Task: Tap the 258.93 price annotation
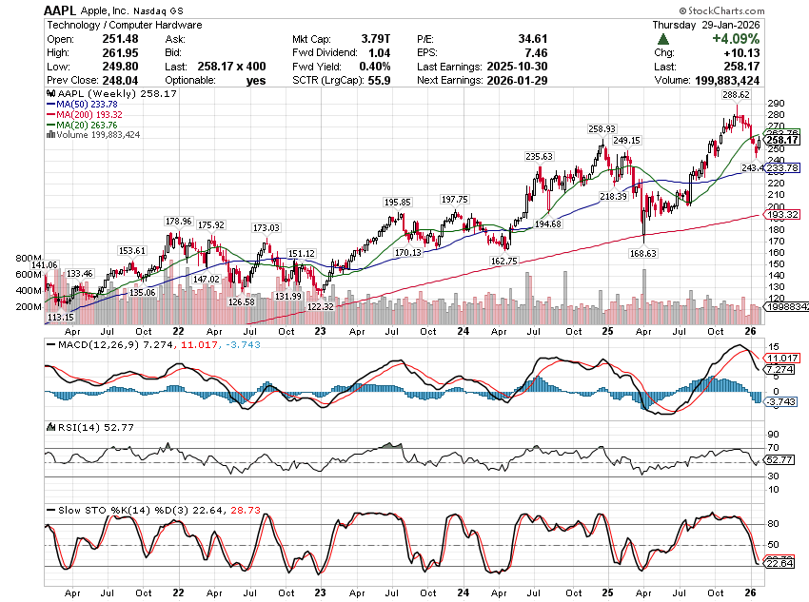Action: [x=603, y=128]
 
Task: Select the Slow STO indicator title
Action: [x=71, y=510]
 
